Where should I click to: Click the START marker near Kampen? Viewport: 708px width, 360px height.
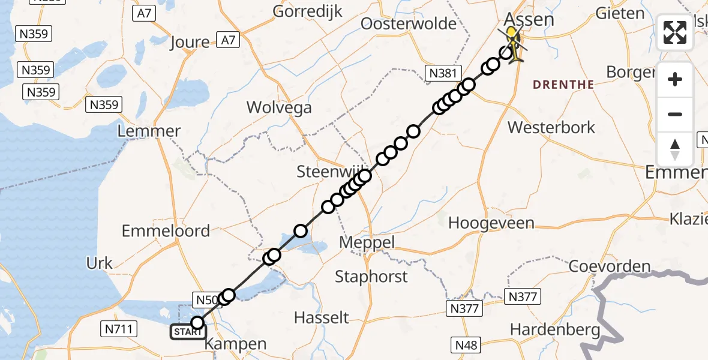point(188,331)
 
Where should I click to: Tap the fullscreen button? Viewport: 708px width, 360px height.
point(675,32)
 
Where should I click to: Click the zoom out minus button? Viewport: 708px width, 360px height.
point(675,115)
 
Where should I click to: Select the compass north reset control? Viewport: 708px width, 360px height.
point(675,149)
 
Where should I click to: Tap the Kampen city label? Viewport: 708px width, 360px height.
point(235,344)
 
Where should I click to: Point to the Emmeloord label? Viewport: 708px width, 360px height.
point(166,231)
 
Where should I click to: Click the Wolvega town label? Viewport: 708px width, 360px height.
point(280,108)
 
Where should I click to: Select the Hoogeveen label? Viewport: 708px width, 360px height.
point(491,223)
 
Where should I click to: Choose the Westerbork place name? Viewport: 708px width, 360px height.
point(551,127)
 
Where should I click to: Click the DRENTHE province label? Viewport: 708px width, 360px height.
point(563,85)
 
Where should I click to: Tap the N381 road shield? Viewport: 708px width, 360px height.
point(443,74)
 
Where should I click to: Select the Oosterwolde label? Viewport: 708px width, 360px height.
point(408,24)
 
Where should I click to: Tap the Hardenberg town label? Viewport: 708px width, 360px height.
point(555,329)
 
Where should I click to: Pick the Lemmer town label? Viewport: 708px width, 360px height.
point(150,131)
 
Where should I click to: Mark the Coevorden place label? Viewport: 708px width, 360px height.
point(609,266)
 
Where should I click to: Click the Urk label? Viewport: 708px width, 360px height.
point(100,263)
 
